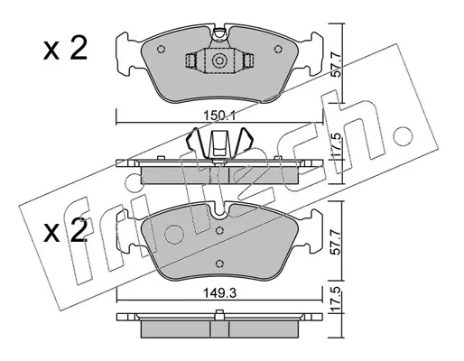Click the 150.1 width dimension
219,116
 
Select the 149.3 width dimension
219,293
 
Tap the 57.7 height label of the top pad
336,65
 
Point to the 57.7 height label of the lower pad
336,242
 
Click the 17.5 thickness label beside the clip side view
337,145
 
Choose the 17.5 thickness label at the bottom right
337,300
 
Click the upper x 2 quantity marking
65,49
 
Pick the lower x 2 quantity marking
65,231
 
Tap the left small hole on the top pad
161,49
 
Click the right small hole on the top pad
278,49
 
